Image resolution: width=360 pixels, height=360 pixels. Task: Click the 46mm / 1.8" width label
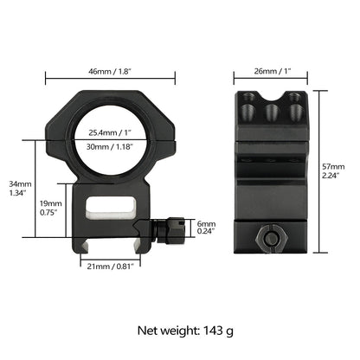click(110, 71)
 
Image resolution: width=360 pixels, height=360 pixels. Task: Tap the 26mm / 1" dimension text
click(273, 71)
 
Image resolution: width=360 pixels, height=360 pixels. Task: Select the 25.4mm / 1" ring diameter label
click(110, 132)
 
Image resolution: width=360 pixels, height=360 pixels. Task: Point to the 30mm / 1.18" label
click(110, 147)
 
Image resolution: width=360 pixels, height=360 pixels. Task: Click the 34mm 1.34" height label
click(20, 189)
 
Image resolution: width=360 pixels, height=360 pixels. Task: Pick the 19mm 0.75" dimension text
click(51, 208)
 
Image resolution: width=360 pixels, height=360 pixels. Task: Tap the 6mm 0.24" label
click(206, 228)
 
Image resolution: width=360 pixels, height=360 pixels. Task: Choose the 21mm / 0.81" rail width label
click(111, 267)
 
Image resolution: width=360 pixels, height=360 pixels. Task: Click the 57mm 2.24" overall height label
click(333, 171)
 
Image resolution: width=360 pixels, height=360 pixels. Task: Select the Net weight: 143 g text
click(185, 331)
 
